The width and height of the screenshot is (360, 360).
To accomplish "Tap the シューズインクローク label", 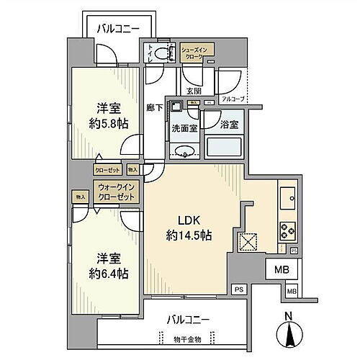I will pos(196,50).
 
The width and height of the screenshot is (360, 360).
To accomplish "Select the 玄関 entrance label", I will pos(194,91).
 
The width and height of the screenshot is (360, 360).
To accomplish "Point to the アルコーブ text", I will pos(232,99).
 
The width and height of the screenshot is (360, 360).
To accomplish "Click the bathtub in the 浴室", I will pos(225,148).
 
